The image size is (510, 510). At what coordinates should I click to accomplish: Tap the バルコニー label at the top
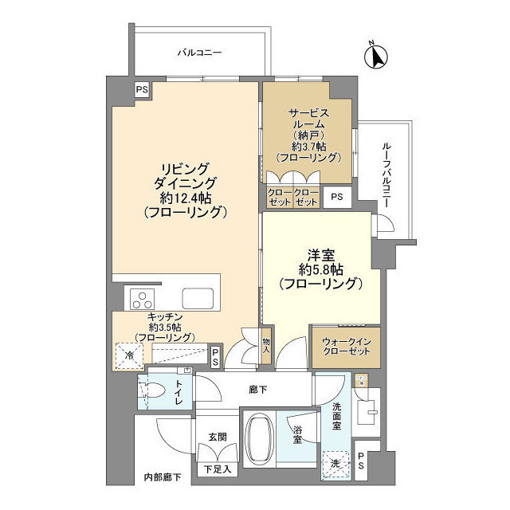coord(198,53)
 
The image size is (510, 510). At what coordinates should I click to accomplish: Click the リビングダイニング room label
coord(185,190)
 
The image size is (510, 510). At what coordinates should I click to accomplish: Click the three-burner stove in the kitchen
coord(143,300)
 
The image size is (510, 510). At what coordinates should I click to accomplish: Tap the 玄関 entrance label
coord(218,436)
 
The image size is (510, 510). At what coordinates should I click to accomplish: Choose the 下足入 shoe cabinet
coord(217,469)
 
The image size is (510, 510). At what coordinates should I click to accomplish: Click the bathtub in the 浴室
coord(259,442)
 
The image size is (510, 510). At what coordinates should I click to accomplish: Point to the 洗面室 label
coord(336,419)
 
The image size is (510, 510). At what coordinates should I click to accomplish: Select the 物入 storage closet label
coord(267,345)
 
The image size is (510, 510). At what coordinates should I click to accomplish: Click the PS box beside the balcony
coord(141,89)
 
